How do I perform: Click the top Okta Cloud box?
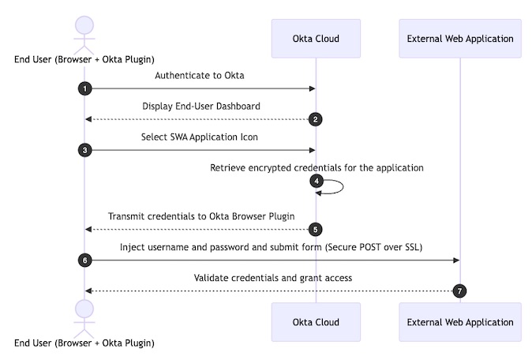(316, 38)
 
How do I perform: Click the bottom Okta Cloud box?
(316, 322)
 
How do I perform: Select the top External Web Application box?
(460, 38)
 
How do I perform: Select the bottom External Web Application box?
(460, 322)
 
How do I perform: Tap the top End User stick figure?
(84, 32)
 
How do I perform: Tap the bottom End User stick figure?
(84, 316)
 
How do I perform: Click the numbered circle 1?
(84, 88)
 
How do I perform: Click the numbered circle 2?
(316, 119)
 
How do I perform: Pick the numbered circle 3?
(84, 149)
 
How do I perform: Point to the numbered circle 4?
(316, 181)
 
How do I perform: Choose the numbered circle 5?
(316, 230)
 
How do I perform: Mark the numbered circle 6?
(84, 260)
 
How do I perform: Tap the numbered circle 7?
(460, 291)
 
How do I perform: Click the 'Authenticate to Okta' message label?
(200, 76)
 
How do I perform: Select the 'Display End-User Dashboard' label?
(200, 107)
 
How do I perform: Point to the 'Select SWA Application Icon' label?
(200, 137)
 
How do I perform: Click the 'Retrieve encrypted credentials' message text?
(317, 167)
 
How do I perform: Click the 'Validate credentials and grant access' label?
(272, 278)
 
